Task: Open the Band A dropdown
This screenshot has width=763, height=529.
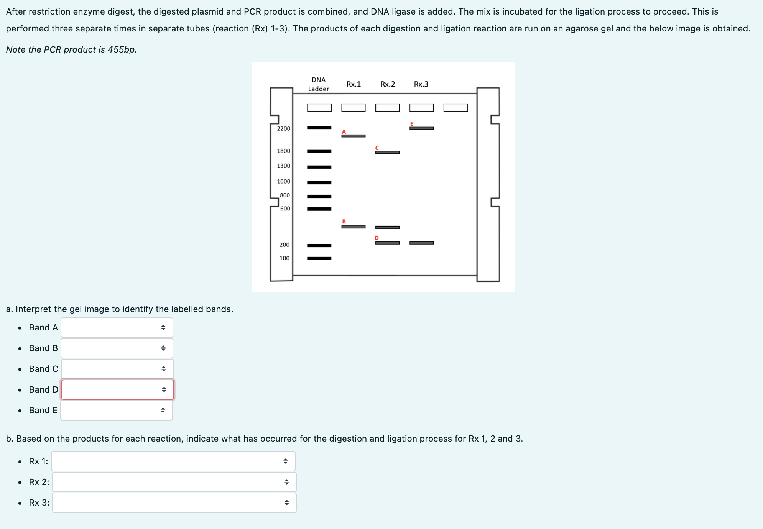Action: pyautogui.click(x=117, y=327)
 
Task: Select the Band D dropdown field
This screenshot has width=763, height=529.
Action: pyautogui.click(x=117, y=389)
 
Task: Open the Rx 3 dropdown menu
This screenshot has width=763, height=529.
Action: pyautogui.click(x=174, y=503)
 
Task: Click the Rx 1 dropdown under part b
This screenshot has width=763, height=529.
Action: pyautogui.click(x=173, y=461)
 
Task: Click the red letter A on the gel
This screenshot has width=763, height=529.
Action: pyautogui.click(x=344, y=132)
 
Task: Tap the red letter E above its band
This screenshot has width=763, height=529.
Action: pyautogui.click(x=412, y=123)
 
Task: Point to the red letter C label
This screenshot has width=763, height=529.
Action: pyautogui.click(x=377, y=148)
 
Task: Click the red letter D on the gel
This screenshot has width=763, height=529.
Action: pyautogui.click(x=377, y=238)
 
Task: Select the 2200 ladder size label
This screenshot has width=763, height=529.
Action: pyautogui.click(x=283, y=128)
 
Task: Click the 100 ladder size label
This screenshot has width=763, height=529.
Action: pyautogui.click(x=284, y=258)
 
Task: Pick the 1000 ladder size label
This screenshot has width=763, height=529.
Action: pyautogui.click(x=283, y=181)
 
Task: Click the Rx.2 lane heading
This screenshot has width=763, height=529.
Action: pyautogui.click(x=388, y=84)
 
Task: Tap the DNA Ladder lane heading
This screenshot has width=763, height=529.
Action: pyautogui.click(x=319, y=84)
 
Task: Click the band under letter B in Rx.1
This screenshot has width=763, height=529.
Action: pyautogui.click(x=353, y=227)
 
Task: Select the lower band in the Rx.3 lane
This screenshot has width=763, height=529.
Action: pyautogui.click(x=421, y=243)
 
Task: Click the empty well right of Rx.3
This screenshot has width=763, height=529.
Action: pyautogui.click(x=455, y=108)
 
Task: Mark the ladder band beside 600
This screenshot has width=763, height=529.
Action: pyautogui.click(x=319, y=209)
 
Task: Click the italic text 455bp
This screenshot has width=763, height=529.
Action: pyautogui.click(x=122, y=49)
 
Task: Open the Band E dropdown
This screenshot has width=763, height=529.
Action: pyautogui.click(x=116, y=410)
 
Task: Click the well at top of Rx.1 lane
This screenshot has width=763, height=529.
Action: pyautogui.click(x=353, y=108)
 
